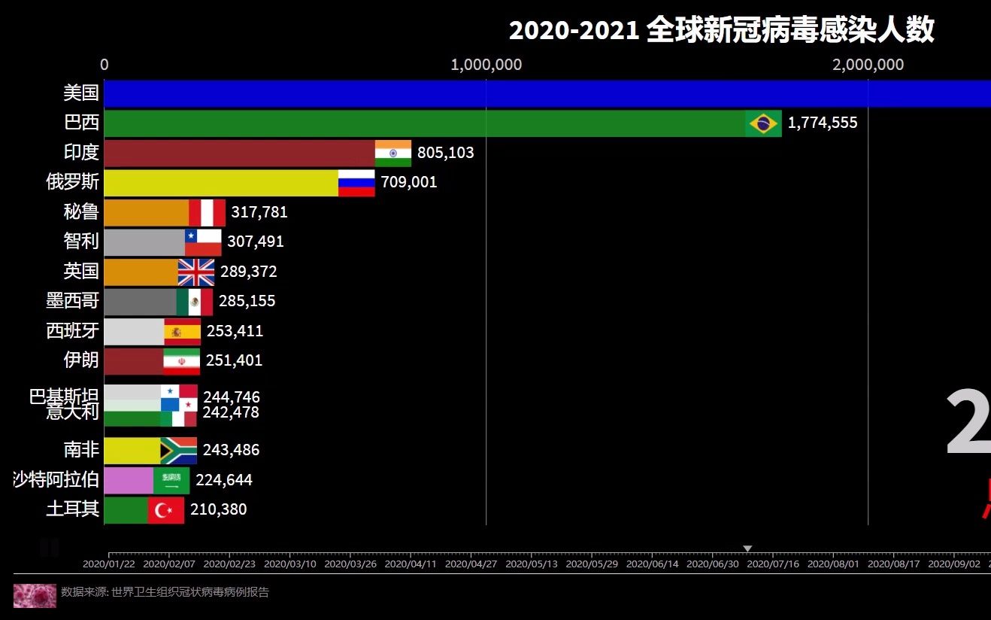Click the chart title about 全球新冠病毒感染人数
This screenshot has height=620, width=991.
click(721, 31)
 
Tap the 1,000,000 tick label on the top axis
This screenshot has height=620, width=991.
click(486, 65)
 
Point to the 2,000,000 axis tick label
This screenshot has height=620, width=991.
click(868, 65)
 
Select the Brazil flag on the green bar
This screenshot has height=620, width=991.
click(763, 123)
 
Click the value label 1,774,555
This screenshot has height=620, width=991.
click(823, 123)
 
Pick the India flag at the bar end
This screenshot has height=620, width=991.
click(393, 153)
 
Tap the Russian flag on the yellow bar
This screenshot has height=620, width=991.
click(356, 183)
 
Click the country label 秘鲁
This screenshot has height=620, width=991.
click(81, 212)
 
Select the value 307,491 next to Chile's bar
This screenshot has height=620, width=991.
click(256, 242)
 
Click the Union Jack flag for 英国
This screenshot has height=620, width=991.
click(196, 272)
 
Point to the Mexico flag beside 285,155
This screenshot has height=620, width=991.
click(195, 302)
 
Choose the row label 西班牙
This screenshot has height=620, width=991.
click(72, 331)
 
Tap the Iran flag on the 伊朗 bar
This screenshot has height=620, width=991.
click(182, 361)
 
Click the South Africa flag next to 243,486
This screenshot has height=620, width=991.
click(179, 450)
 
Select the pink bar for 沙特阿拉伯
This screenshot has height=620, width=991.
click(129, 480)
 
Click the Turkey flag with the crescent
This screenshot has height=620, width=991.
click(165, 510)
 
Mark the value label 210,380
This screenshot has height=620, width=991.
click(218, 510)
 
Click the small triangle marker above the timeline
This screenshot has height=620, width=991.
click(747, 549)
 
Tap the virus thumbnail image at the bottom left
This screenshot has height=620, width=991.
click(35, 595)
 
